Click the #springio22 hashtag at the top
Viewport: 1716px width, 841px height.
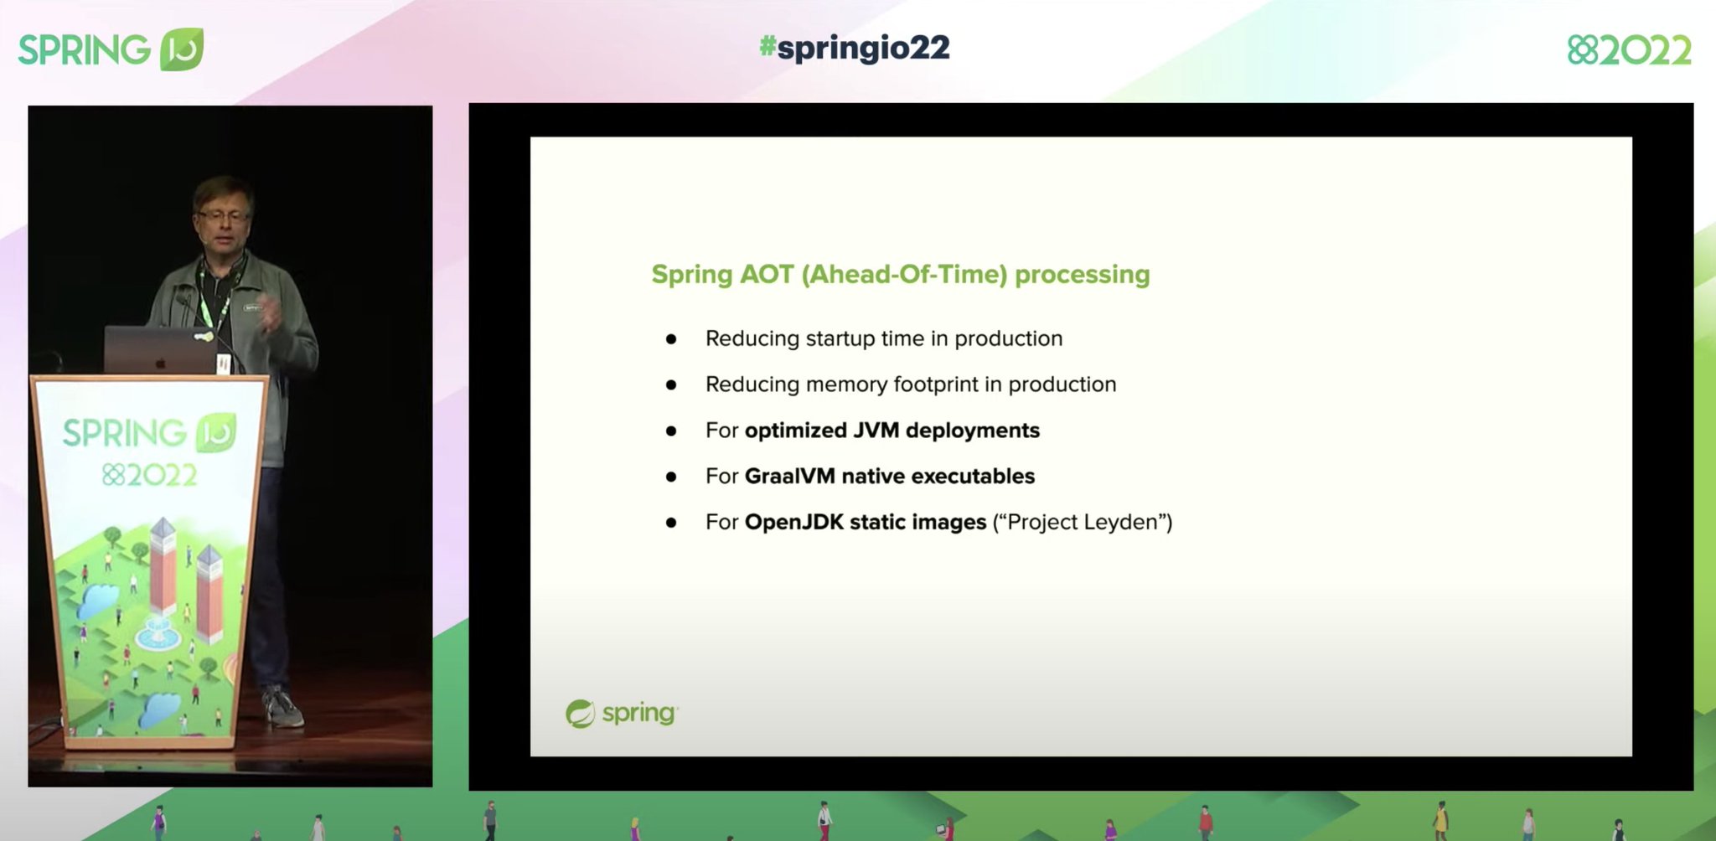[x=855, y=48]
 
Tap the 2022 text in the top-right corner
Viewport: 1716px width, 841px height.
[x=1646, y=51]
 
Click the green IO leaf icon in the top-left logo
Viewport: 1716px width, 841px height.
[x=182, y=49]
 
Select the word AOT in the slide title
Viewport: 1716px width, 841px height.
[x=766, y=275]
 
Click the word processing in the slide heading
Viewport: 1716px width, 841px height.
[x=1082, y=275]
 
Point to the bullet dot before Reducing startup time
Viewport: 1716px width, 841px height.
[x=671, y=339]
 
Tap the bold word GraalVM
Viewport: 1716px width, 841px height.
[x=789, y=477]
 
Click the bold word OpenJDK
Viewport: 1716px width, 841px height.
[x=793, y=523]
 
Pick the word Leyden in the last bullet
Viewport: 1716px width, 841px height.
[x=1120, y=523]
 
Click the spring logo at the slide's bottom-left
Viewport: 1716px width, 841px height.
[x=621, y=714]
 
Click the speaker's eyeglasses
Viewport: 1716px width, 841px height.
[x=223, y=216]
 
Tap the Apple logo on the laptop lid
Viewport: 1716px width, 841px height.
[x=161, y=363]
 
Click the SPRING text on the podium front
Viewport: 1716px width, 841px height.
[x=124, y=434]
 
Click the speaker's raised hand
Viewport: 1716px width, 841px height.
[x=271, y=314]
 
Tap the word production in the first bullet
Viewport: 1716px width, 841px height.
[x=1008, y=338]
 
